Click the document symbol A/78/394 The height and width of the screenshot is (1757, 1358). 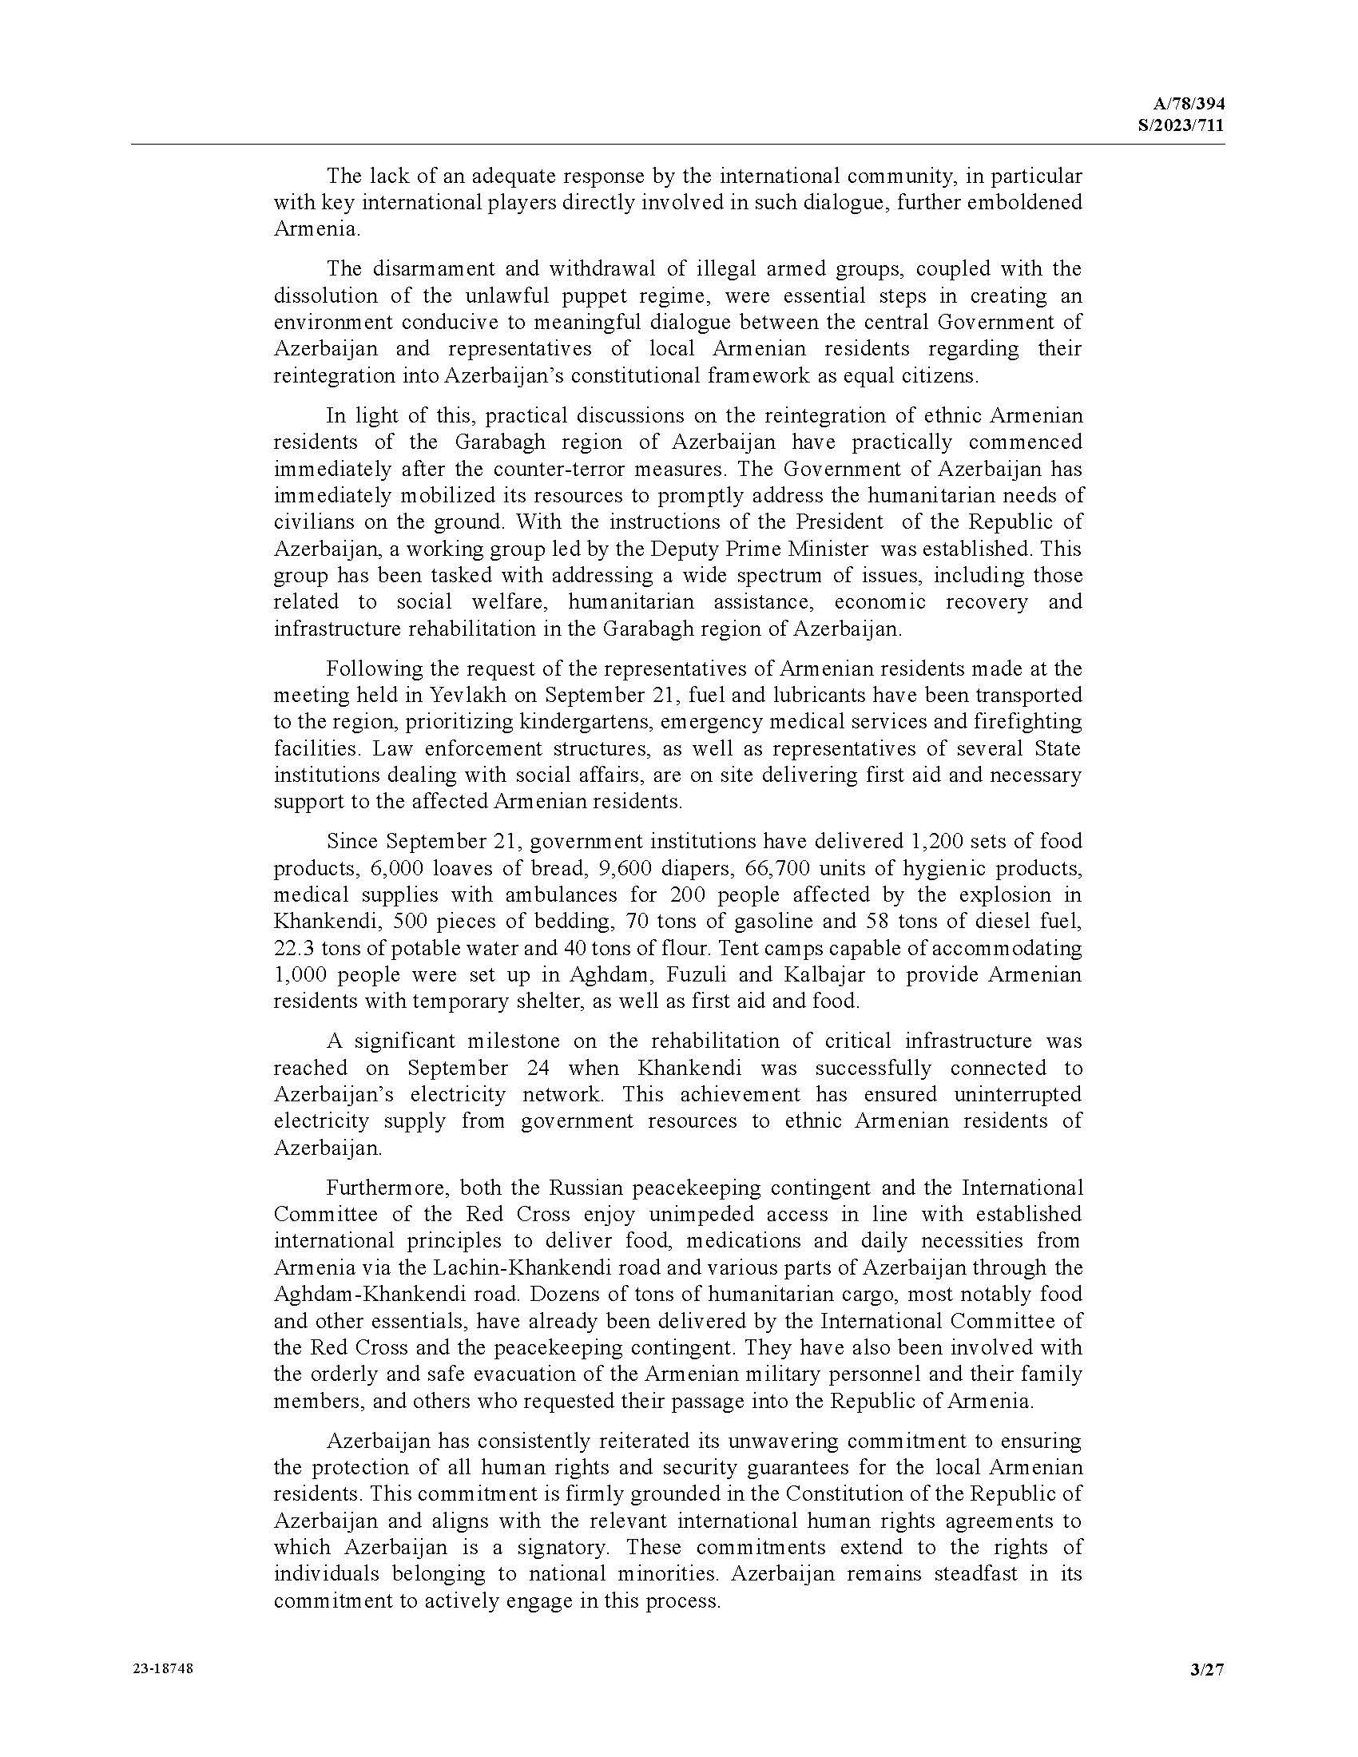tap(1189, 104)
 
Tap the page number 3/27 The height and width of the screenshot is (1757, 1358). tap(1207, 1670)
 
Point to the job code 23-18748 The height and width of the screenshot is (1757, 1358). tap(162, 1668)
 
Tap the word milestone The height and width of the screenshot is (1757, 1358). tap(512, 1041)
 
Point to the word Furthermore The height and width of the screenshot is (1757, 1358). tap(378, 1188)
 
